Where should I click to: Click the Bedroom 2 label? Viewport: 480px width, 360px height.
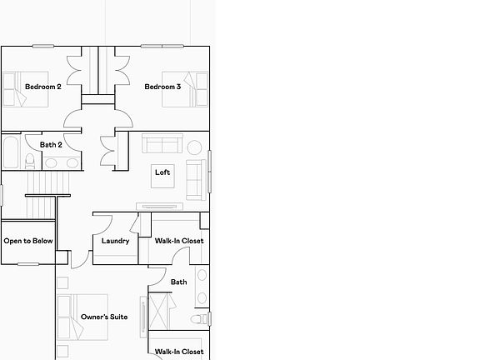(x=43, y=87)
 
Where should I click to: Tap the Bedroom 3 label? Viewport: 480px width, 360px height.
(x=162, y=87)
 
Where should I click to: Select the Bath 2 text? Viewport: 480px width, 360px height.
(x=51, y=144)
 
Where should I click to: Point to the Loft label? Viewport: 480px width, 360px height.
(x=162, y=172)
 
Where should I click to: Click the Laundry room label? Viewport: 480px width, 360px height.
(x=115, y=241)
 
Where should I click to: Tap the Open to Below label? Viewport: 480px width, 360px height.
(x=28, y=241)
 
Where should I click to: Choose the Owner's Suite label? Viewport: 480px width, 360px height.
(x=104, y=317)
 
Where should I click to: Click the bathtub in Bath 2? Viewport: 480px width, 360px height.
(x=11, y=152)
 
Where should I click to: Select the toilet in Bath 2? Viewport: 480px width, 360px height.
(x=30, y=161)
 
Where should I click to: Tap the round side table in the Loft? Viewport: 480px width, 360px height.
(x=194, y=147)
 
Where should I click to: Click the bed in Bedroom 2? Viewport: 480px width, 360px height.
(x=26, y=89)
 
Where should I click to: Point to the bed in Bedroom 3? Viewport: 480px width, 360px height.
(x=185, y=89)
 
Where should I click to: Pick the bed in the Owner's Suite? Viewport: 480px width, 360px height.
(x=82, y=317)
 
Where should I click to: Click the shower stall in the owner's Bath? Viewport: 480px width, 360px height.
(x=158, y=311)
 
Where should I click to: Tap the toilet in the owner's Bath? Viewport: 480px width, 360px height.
(x=200, y=319)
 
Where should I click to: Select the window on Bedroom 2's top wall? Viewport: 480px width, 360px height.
(x=43, y=46)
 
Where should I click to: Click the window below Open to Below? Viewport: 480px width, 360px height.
(x=28, y=264)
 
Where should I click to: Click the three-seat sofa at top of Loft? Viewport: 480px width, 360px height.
(x=162, y=143)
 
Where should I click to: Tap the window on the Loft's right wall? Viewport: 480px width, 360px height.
(x=210, y=172)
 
